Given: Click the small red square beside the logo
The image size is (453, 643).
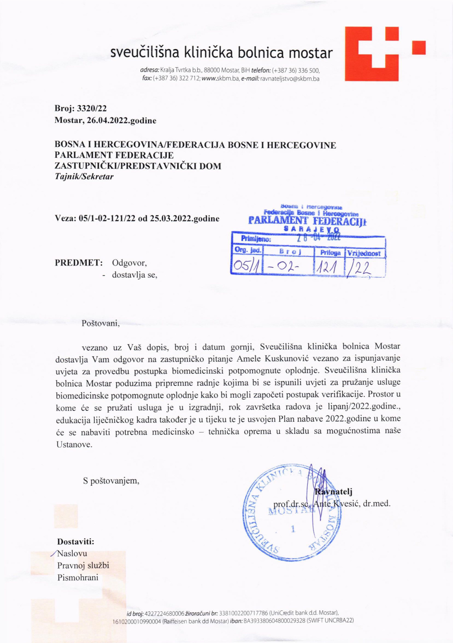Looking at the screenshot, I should pos(419,47).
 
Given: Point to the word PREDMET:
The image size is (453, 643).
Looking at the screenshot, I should pos(78,263).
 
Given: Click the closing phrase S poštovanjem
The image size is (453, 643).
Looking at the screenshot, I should pos(111,481).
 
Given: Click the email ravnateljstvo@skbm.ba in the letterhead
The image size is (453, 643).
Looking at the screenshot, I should pos(290,79).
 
